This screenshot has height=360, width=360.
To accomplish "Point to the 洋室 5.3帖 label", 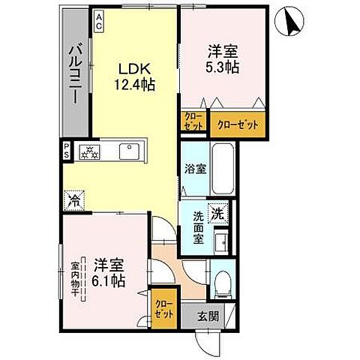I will click(x=223, y=58).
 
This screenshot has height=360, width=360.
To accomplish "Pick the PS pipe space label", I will click(x=67, y=150).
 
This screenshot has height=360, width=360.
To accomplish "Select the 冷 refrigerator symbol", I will click(x=74, y=200).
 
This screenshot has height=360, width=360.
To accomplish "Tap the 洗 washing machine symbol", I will click(x=218, y=214).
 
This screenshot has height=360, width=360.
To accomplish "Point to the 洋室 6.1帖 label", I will click(x=109, y=273).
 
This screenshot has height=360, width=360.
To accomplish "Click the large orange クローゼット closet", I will click(x=238, y=124).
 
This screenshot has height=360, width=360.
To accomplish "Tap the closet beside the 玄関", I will click(x=163, y=309).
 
